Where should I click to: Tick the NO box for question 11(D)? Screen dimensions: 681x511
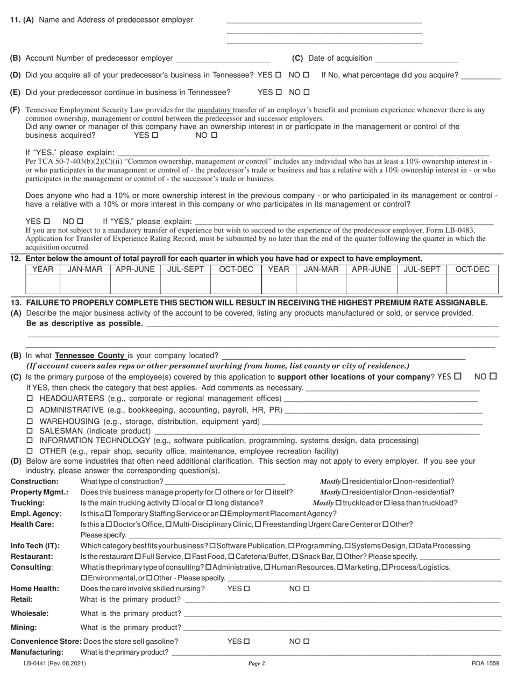pyautogui.click(x=306, y=74)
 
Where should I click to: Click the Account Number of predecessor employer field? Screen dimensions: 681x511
pyautogui.click(x=223, y=58)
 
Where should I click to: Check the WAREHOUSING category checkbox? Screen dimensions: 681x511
pyautogui.click(x=30, y=421)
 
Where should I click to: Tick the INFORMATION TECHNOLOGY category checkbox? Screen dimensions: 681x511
pyautogui.click(x=30, y=441)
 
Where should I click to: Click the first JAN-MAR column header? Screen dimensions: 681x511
pyautogui.click(x=84, y=269)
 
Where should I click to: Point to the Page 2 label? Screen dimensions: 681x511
pyautogui.click(x=256, y=664)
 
